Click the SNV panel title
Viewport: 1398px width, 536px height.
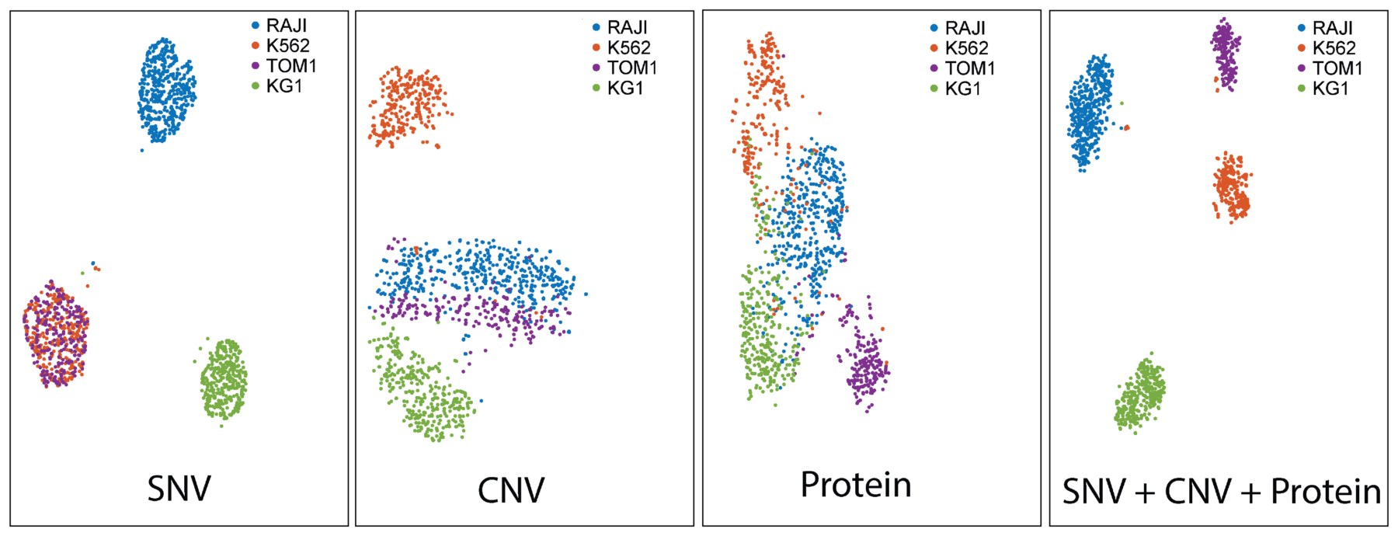(179, 489)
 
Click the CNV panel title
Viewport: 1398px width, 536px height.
(511, 490)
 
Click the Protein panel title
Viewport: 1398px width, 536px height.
(856, 485)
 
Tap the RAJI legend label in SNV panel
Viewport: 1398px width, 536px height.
(287, 26)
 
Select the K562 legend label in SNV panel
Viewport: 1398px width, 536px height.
(288, 46)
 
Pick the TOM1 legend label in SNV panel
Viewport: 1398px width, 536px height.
(291, 66)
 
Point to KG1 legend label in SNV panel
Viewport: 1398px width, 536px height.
(284, 86)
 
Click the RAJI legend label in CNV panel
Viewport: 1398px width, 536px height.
(628, 28)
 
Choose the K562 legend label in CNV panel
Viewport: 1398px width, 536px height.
(629, 48)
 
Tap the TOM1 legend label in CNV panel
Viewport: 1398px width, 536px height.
(632, 68)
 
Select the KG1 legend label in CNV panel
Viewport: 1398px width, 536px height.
(625, 89)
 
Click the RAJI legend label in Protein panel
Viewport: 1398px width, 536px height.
(965, 28)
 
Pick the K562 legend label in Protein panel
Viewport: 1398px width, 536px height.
(967, 48)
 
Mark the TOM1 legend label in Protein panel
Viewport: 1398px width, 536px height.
(970, 68)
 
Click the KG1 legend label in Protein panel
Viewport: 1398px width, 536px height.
(963, 89)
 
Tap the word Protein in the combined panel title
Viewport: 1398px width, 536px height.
(1326, 492)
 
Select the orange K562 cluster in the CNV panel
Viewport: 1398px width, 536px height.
(408, 106)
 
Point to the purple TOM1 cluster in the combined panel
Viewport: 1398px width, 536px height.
(1226, 53)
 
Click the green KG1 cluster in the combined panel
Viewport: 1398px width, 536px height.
(1140, 394)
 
